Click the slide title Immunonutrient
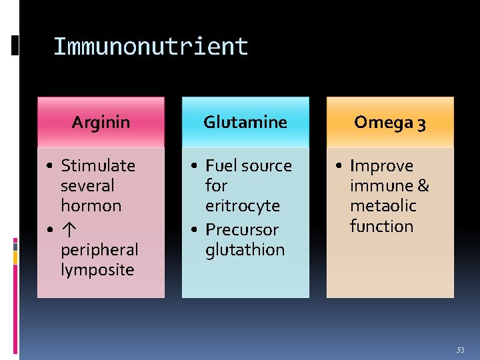coord(150,47)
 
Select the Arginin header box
coord(101,122)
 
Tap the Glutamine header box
coord(245,122)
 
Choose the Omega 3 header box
coord(390,122)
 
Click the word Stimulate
coord(97,165)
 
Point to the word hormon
coord(91,206)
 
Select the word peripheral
coord(99,250)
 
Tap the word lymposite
coord(97,270)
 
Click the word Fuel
coord(221,165)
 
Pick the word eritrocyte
coord(243,206)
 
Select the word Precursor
coord(242,229)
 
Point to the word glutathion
coord(245,250)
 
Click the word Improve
coord(381,166)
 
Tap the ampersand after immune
coord(423,186)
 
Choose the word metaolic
coord(383,206)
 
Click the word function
coord(381,227)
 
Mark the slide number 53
coord(460,349)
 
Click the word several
coord(87,186)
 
